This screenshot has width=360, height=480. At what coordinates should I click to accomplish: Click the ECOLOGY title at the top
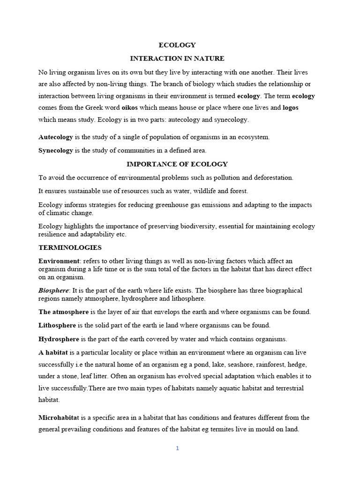177,45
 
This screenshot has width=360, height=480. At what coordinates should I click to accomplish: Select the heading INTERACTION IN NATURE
177,59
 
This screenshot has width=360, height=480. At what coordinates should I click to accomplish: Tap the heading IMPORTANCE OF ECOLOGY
177,164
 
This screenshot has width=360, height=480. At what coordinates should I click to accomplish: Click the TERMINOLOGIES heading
70,247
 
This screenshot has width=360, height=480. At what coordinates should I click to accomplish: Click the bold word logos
290,108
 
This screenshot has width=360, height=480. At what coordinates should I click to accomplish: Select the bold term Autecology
56,137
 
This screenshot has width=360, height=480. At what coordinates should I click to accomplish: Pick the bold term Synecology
56,150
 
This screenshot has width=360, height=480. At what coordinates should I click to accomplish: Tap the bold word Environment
59,261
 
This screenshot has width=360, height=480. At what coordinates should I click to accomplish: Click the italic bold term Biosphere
53,291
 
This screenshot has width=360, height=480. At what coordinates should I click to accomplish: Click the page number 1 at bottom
177,448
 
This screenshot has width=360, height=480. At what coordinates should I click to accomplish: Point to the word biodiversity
196,226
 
